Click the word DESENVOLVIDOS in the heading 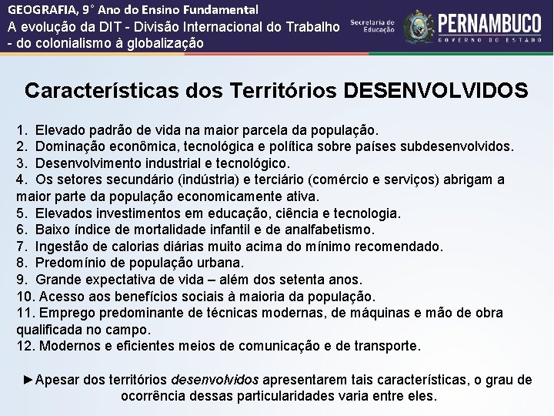(436, 91)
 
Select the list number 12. (24, 346)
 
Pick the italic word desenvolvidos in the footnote (214, 381)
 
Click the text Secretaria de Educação (372, 26)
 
